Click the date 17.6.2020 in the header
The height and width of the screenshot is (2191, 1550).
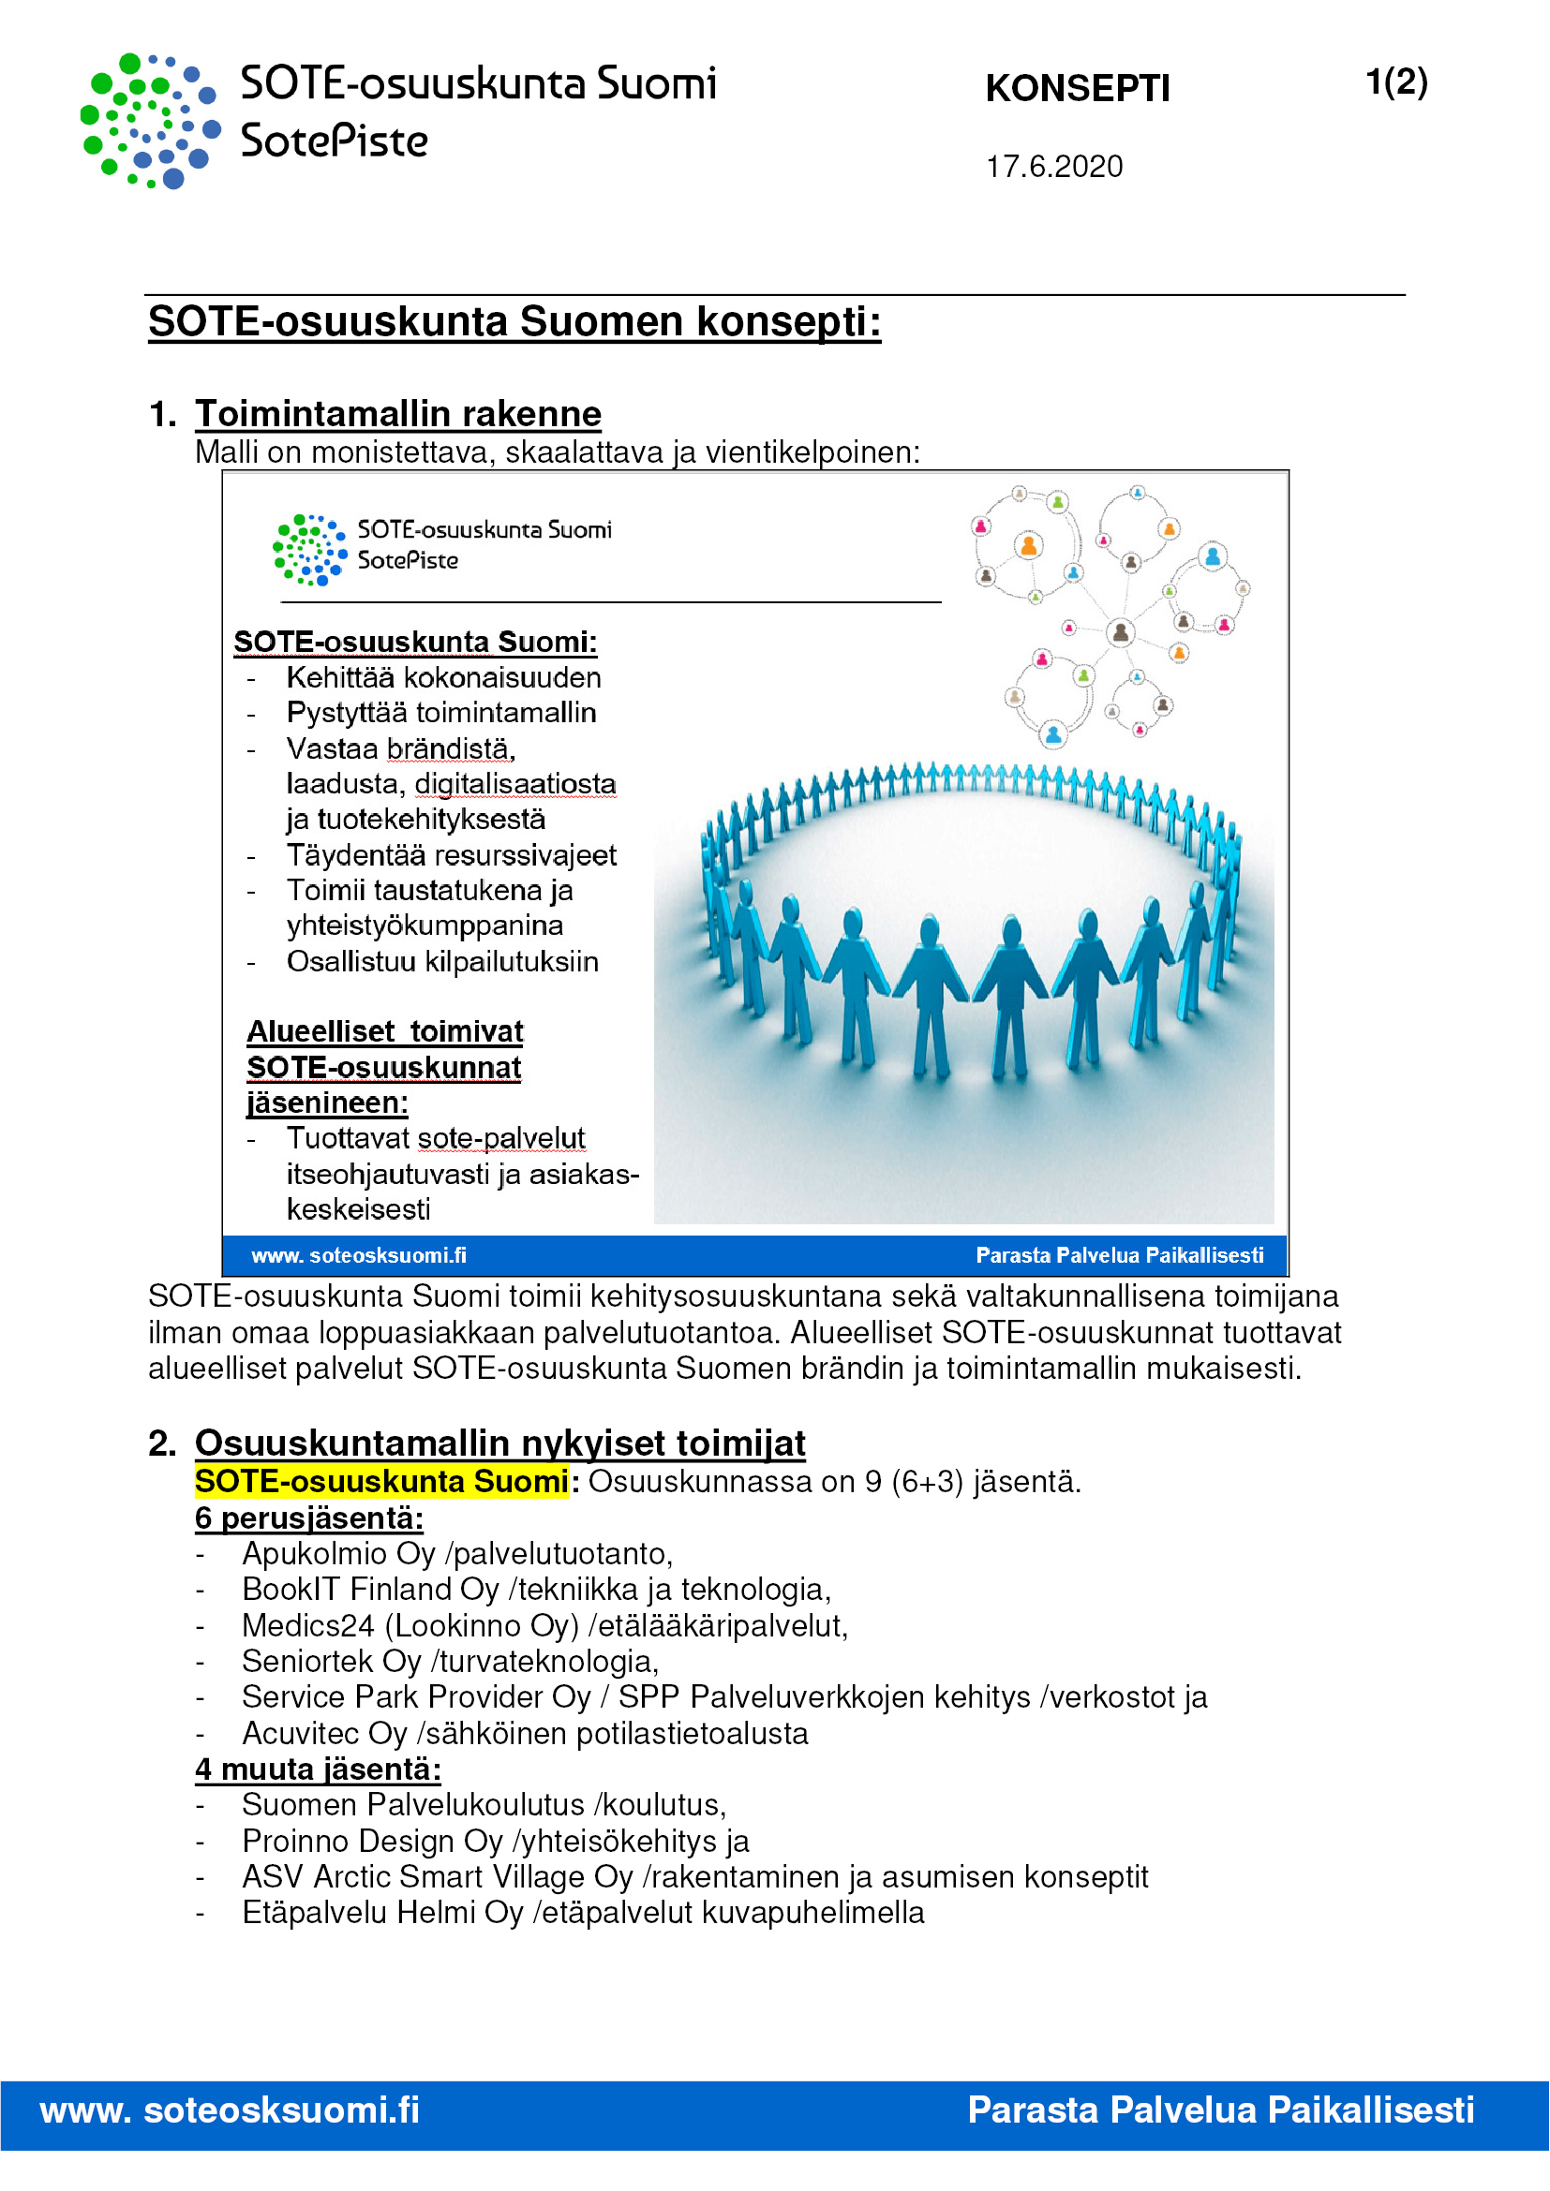click(x=1053, y=167)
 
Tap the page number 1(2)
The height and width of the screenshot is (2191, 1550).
click(x=1395, y=82)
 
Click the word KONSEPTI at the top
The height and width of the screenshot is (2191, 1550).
click(x=1077, y=89)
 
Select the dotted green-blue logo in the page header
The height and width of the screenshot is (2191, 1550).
click(x=150, y=120)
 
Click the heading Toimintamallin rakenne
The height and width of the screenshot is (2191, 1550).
click(x=398, y=414)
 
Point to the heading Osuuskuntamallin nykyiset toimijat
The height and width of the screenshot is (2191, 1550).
click(x=500, y=1443)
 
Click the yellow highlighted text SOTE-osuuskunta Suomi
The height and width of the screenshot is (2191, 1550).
click(x=381, y=1481)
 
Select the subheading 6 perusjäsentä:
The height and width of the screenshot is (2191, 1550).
click(x=308, y=1517)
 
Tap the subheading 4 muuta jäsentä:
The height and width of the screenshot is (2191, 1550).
click(x=318, y=1769)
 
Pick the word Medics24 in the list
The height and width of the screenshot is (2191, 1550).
click(x=307, y=1625)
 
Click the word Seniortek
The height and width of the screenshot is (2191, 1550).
click(x=307, y=1662)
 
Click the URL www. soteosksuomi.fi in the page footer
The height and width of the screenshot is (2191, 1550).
click(x=229, y=2109)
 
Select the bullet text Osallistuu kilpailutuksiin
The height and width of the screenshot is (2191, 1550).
click(x=442, y=961)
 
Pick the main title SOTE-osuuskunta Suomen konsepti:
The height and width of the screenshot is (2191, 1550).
click(x=514, y=321)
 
